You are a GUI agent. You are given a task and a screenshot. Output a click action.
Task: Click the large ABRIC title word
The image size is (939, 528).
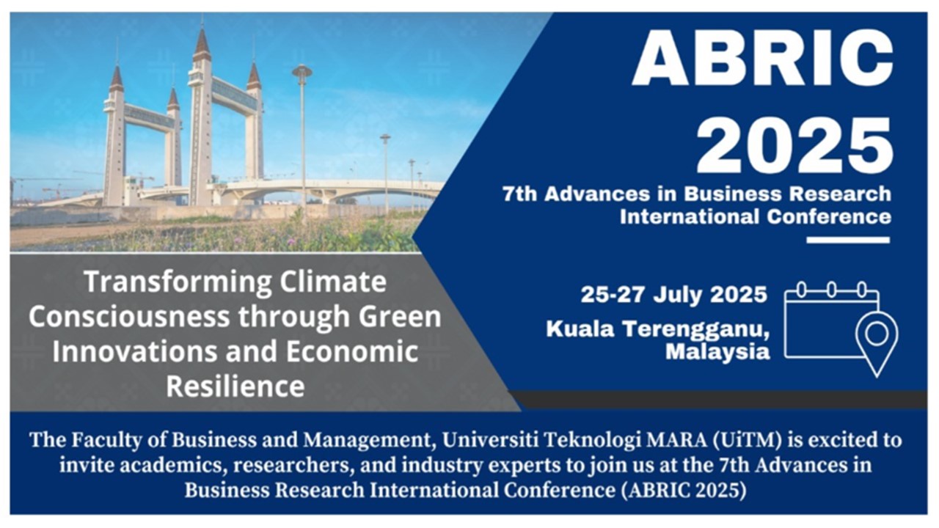pos(762,58)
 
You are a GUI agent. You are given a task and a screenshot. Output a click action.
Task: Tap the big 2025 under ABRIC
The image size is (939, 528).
pos(794,145)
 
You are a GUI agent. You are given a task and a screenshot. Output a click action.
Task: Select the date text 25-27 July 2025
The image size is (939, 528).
pos(673,294)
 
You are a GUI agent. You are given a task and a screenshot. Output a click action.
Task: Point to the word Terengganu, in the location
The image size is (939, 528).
pos(696,330)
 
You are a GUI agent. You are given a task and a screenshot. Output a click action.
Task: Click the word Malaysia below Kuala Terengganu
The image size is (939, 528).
pos(717,351)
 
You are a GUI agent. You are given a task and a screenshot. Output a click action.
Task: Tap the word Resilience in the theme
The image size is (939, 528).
pos(235,386)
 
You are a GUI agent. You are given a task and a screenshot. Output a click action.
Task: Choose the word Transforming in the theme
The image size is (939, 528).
pos(179,283)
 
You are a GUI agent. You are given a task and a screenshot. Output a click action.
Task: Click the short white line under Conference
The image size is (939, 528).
pos(848,240)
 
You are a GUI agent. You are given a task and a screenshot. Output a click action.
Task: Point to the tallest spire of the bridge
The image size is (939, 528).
pos(202,40)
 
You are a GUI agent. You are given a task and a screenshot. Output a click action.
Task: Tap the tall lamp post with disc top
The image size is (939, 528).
pos(302,139)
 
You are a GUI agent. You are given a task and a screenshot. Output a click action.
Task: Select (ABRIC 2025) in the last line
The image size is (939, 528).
pos(684,491)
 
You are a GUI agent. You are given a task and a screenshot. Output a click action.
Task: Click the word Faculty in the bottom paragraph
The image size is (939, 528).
pos(101,441)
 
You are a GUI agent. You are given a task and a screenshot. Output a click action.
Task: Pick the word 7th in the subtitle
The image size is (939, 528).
pos(520,194)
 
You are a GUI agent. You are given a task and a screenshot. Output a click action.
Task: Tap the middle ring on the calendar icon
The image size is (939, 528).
pos(832,290)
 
